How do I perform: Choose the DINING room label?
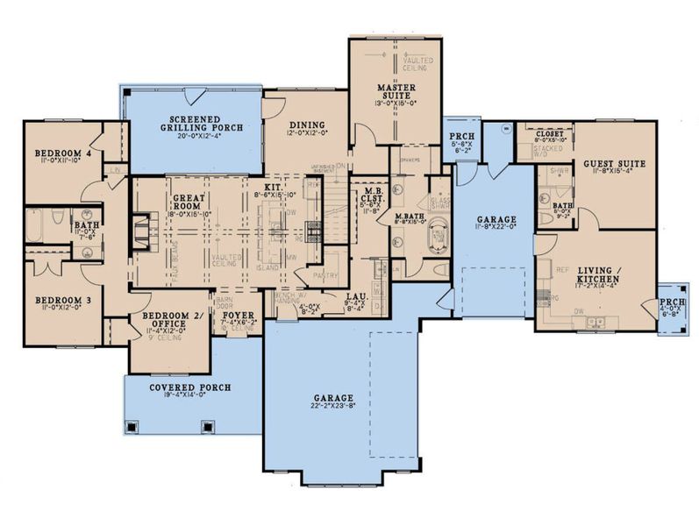coord(305,124)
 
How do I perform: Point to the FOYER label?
coord(239,315)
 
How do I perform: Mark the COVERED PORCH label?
coord(189,387)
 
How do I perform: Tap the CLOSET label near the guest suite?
coord(550,134)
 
